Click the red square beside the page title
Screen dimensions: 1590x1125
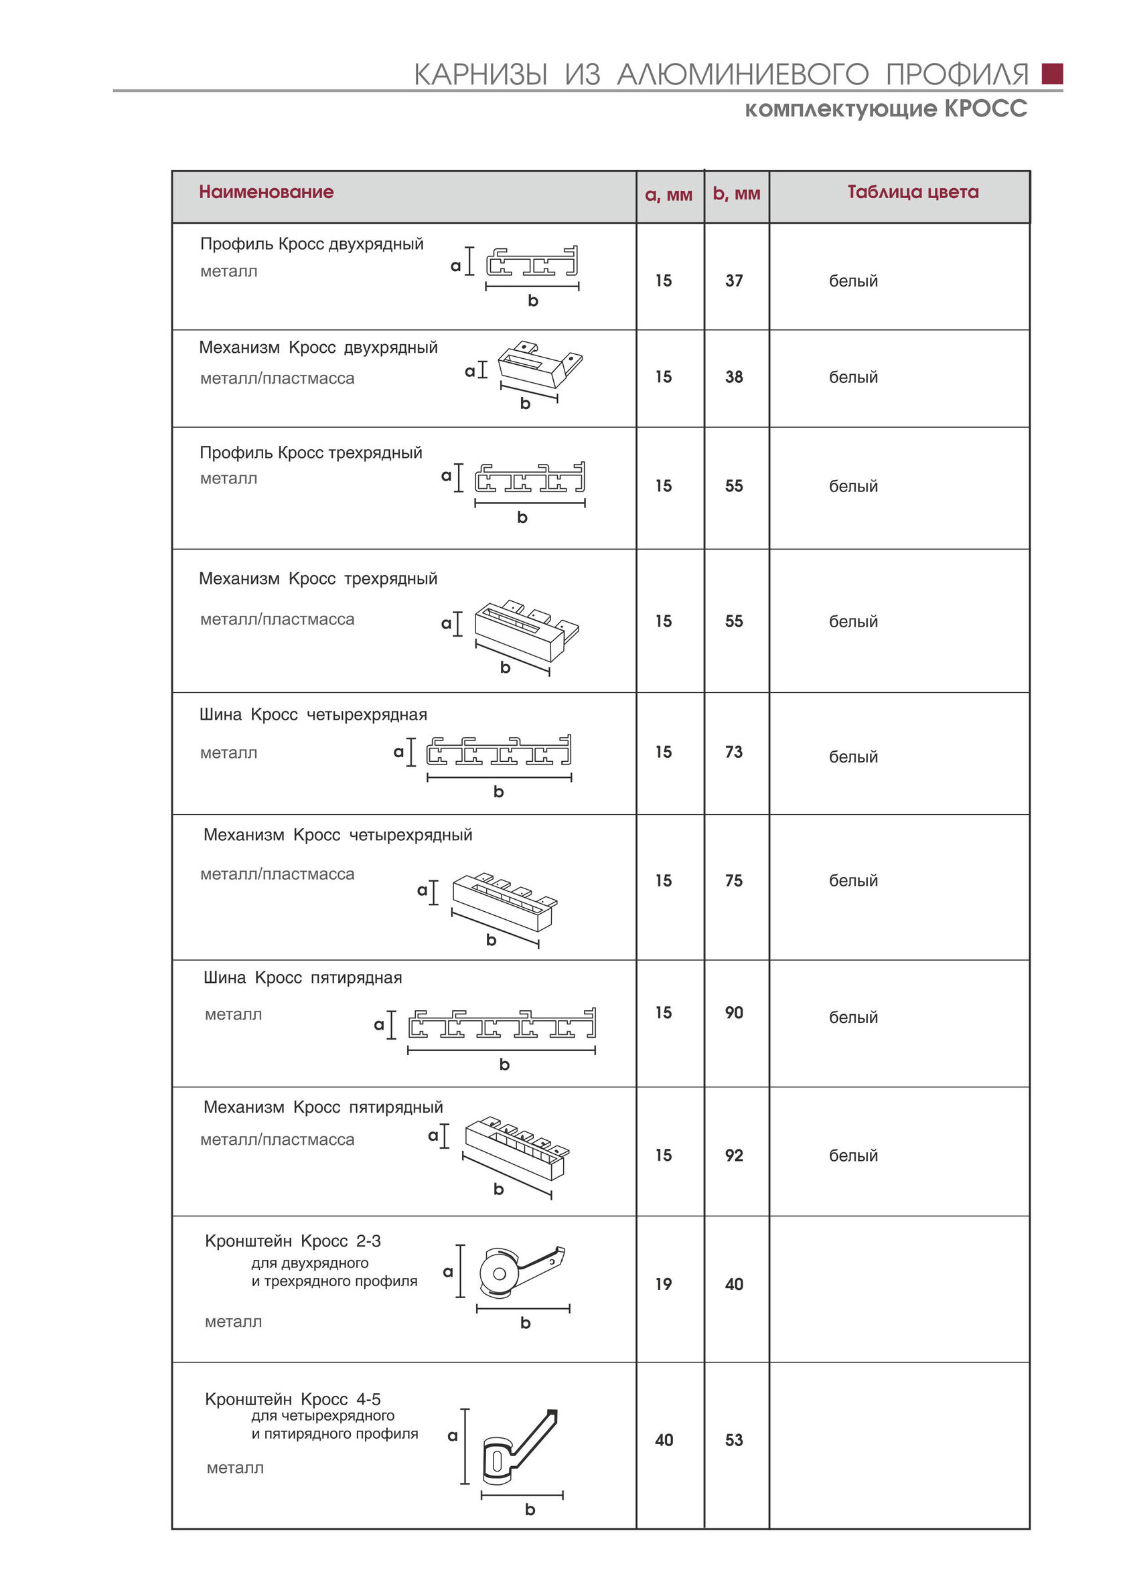[x=1051, y=74]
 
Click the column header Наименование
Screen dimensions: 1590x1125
[x=266, y=192]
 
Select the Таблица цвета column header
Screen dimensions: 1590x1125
[x=912, y=192]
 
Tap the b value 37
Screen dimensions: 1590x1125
[x=734, y=281]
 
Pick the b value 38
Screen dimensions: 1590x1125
[x=734, y=377]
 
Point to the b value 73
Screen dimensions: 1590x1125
[x=734, y=752]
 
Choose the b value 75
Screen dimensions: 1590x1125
[x=734, y=881]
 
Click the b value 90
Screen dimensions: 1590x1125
[x=734, y=1012]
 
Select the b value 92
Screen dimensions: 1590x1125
[x=734, y=1155]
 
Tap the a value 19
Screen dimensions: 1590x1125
[x=663, y=1284]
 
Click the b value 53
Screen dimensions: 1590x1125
[x=734, y=1440]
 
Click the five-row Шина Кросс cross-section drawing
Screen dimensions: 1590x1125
[x=502, y=1024]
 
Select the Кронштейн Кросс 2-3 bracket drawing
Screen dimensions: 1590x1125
[x=520, y=1273]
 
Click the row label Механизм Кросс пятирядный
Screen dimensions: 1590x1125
[x=323, y=1107]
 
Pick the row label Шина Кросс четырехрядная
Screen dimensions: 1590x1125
[x=313, y=715]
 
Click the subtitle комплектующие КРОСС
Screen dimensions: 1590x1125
[x=885, y=108]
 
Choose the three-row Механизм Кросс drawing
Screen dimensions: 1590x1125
[x=526, y=629]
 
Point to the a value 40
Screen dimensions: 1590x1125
[x=663, y=1440]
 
